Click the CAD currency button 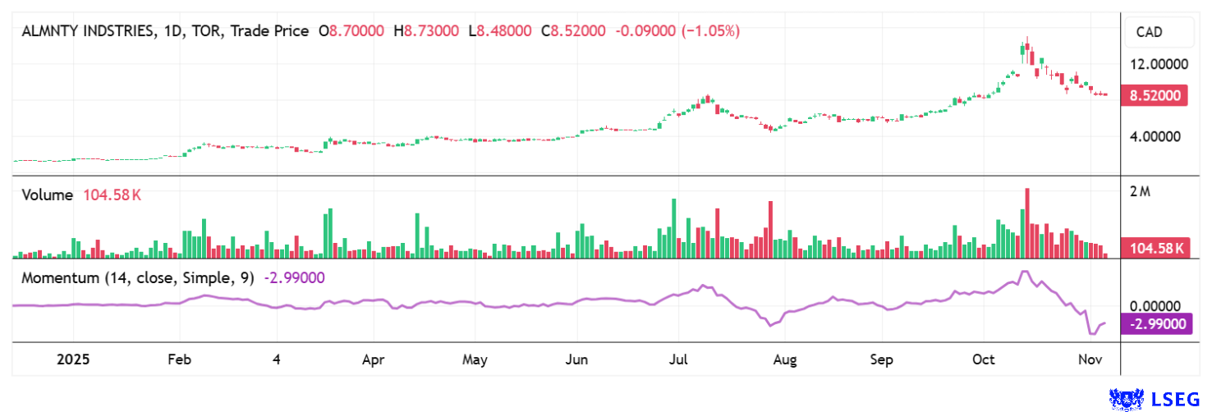point(1159,32)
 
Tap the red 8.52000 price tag point(1156,96)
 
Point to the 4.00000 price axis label point(1155,136)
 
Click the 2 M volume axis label point(1140,192)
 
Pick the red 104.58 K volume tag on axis point(1156,249)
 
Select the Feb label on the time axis point(178,359)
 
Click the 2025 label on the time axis point(71,359)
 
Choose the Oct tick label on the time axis point(983,359)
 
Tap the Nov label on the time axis point(1090,359)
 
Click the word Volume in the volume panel point(48,195)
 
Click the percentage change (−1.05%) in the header point(709,31)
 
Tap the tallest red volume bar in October point(1027,223)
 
